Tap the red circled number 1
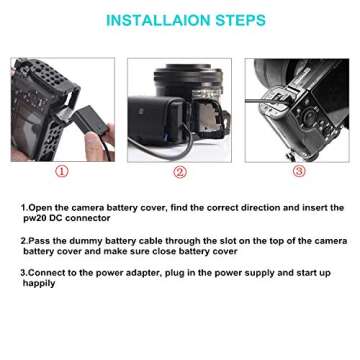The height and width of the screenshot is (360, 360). (62, 171)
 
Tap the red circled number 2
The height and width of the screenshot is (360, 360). (180, 171)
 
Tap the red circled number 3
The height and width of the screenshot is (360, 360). (299, 171)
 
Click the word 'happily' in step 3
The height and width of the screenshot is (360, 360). (40, 283)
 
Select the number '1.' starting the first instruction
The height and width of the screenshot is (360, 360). (23, 207)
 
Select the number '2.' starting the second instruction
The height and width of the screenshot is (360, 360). (23, 241)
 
